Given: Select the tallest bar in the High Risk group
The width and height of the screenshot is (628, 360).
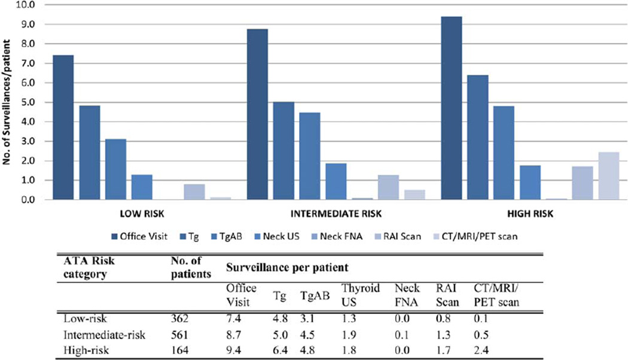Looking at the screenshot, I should (x=452, y=108).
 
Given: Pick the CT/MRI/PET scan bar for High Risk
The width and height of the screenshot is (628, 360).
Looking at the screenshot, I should (x=609, y=176).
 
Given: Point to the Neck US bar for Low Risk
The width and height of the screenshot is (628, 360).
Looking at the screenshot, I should (x=142, y=187).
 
